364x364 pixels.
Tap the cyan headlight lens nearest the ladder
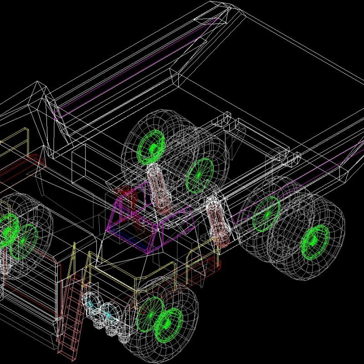coord(93,304)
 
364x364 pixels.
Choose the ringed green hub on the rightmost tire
coord(314,242)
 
